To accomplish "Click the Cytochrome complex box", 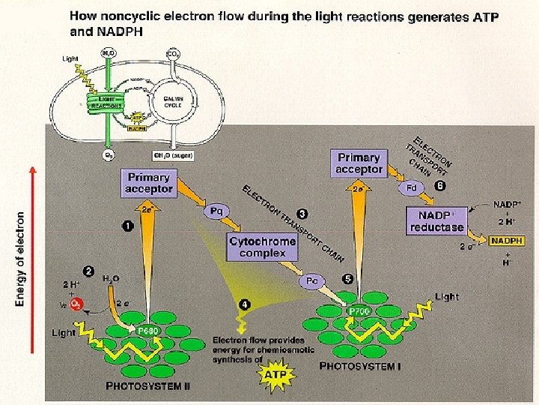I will click(262, 247).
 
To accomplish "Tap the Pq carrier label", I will click(216, 211).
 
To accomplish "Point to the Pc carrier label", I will click(313, 280).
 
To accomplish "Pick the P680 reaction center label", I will click(147, 330).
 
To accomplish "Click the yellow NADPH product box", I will click(507, 241).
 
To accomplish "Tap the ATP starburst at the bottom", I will click(276, 372).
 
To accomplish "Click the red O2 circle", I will click(76, 304).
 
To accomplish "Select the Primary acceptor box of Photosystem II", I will click(150, 183).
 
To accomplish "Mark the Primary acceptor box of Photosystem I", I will click(359, 163).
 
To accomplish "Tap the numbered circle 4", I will click(244, 305).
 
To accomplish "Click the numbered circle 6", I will click(440, 185).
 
